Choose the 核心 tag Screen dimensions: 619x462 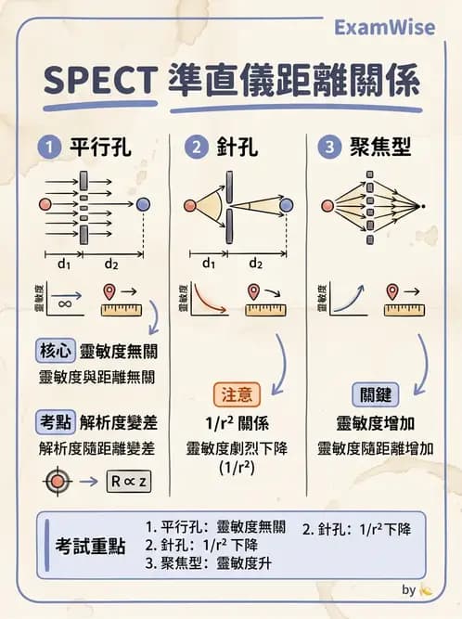click(55, 351)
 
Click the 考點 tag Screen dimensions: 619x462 click(55, 422)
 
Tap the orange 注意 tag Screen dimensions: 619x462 click(237, 393)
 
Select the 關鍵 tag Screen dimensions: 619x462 click(377, 393)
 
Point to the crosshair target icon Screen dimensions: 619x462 click(58, 482)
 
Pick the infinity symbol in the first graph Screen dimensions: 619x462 click(65, 303)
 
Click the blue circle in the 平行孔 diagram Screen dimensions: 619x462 click(143, 204)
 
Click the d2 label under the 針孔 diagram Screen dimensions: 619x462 click(255, 264)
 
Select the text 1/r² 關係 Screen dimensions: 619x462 click(237, 424)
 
